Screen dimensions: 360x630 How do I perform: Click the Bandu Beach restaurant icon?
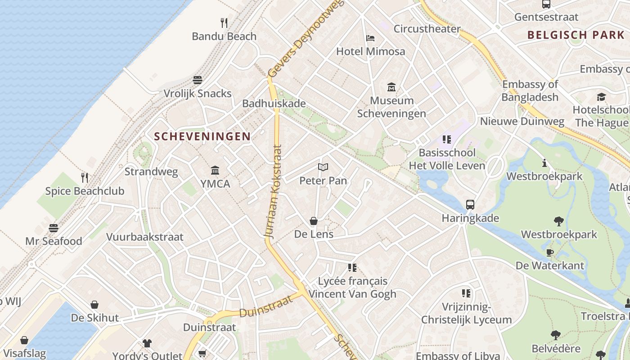click(x=224, y=22)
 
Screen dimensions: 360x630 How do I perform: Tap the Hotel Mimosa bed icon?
click(x=370, y=38)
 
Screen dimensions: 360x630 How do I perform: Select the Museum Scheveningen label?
click(x=391, y=107)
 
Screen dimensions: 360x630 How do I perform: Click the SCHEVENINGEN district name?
click(x=202, y=136)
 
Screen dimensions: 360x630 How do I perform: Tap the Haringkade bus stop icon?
click(x=470, y=205)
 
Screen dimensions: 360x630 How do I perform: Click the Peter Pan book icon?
click(x=323, y=167)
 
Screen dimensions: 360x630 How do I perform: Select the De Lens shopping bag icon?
click(x=314, y=221)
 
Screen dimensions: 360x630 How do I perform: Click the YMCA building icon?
click(x=215, y=171)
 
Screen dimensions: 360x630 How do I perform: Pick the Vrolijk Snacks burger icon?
click(x=198, y=80)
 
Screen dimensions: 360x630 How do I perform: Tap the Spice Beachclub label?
click(x=85, y=191)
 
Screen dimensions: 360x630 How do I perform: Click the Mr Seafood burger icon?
click(x=54, y=228)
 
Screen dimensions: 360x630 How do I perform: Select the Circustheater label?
click(x=427, y=29)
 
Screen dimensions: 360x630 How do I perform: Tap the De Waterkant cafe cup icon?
click(x=549, y=252)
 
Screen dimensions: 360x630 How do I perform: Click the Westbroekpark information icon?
click(x=544, y=163)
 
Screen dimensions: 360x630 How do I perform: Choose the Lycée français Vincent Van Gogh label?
click(x=352, y=288)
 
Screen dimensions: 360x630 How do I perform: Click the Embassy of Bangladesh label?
click(x=530, y=90)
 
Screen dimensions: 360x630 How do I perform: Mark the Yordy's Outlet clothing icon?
click(x=147, y=343)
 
